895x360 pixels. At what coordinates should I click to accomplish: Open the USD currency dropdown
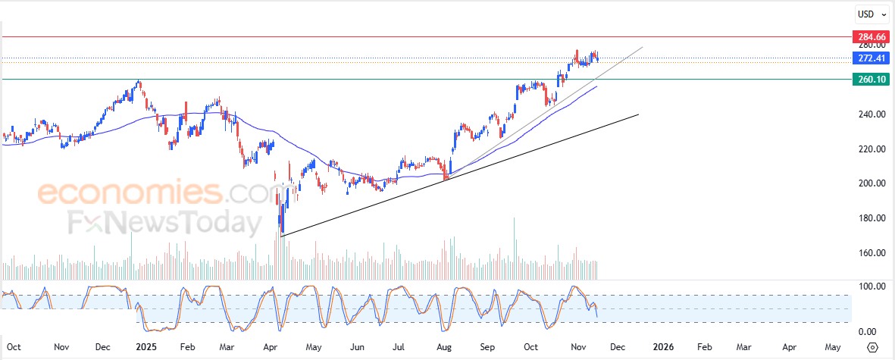point(869,14)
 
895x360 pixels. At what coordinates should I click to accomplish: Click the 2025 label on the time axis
point(144,347)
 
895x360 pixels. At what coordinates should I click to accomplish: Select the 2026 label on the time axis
point(663,347)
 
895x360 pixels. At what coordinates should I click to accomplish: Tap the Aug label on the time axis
point(444,347)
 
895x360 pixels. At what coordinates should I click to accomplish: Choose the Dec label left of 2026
point(618,347)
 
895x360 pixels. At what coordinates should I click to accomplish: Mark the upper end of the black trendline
point(639,114)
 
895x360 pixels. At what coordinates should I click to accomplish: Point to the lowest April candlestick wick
point(281,235)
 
